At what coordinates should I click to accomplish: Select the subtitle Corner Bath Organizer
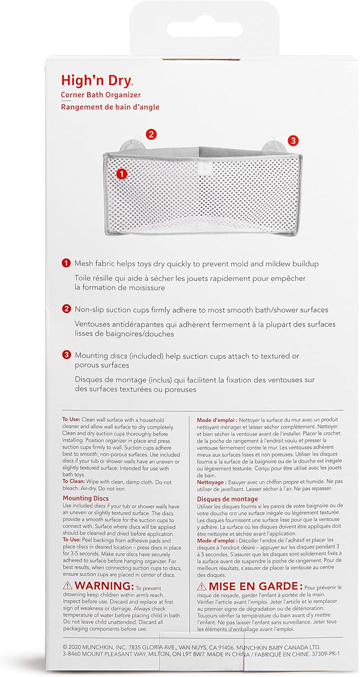coord(101,95)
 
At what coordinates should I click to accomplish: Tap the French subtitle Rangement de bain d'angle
coord(110,107)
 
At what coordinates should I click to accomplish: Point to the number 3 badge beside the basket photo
coord(293,141)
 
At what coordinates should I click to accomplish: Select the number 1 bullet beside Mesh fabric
coord(66,263)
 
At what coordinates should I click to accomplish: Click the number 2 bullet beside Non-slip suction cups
coord(66,309)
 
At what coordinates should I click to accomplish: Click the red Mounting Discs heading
coord(85,498)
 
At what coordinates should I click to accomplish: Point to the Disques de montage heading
coord(227,499)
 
